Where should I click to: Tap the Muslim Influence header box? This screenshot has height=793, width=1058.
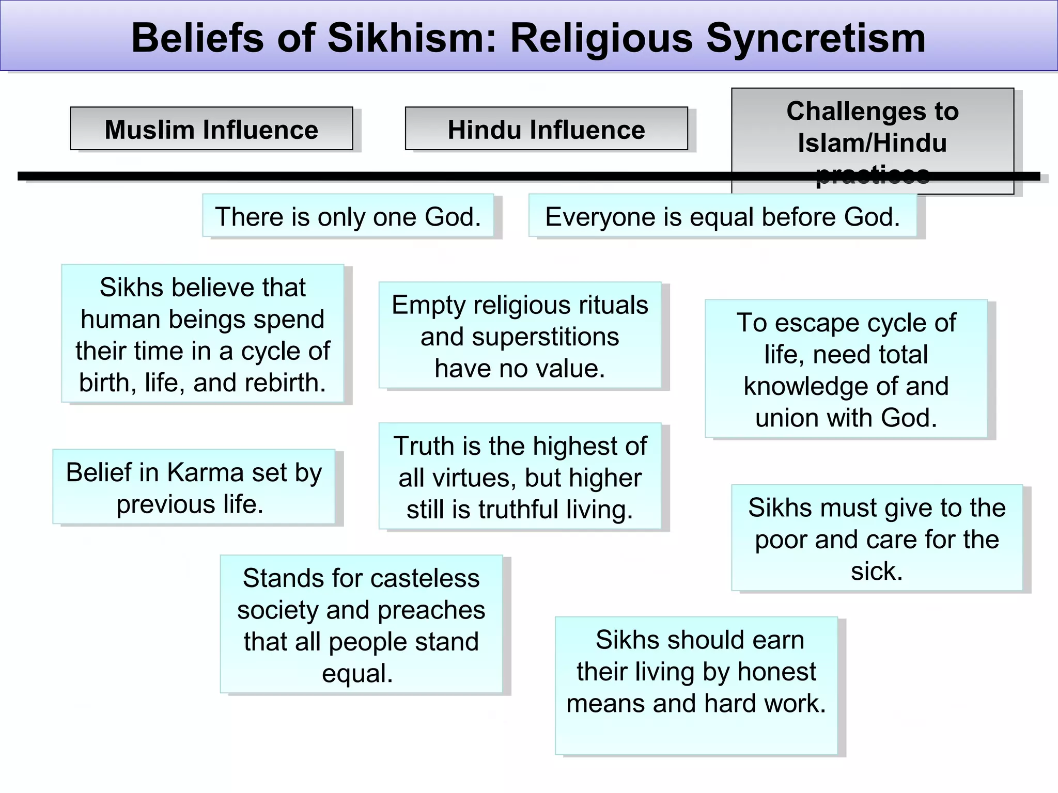click(x=211, y=129)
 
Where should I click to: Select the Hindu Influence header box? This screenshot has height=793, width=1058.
click(x=546, y=129)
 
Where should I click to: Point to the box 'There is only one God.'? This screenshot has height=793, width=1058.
click(x=348, y=216)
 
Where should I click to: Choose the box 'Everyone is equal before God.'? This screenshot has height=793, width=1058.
click(x=722, y=216)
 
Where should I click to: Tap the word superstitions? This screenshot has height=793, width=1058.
click(x=546, y=337)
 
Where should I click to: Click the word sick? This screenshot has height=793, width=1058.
click(x=877, y=571)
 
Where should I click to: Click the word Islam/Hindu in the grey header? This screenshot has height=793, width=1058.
click(x=872, y=142)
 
